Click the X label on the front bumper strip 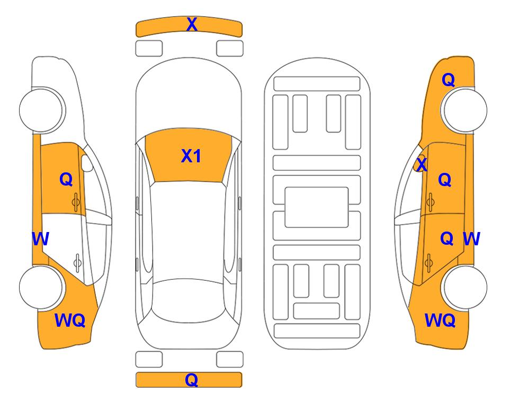tap(192, 24)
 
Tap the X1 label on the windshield tap(191, 156)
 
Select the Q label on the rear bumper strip tap(191, 380)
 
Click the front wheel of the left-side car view tap(41, 110)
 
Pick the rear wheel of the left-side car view tap(41, 287)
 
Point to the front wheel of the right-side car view tap(465, 110)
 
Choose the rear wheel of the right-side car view tap(465, 287)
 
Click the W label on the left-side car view tap(40, 239)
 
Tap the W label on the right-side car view tap(471, 239)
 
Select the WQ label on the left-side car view tap(70, 320)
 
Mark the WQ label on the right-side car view tap(440, 320)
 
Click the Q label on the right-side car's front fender tap(448, 80)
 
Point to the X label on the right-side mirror tap(422, 164)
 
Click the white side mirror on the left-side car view tap(87, 163)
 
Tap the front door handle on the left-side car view tap(76, 202)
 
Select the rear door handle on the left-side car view tap(77, 263)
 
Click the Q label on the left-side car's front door tap(66, 179)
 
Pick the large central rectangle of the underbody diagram tap(317, 207)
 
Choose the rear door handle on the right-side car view tap(428, 263)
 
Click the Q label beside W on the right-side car tap(447, 239)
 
